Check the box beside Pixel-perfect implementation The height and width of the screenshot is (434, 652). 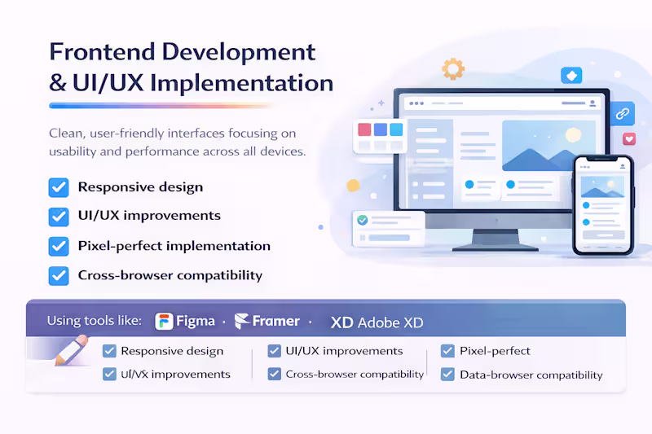(59, 246)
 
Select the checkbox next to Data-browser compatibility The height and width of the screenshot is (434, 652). (447, 375)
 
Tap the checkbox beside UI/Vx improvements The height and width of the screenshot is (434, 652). (109, 375)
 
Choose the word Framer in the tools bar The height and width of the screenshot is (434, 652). (275, 322)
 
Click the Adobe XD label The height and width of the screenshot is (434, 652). (377, 322)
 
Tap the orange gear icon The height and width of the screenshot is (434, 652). (452, 68)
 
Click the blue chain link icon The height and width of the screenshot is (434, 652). (623, 113)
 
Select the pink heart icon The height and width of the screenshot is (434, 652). (628, 139)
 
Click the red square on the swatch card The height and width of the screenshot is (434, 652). (364, 129)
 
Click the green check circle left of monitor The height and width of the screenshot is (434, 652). (363, 220)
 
